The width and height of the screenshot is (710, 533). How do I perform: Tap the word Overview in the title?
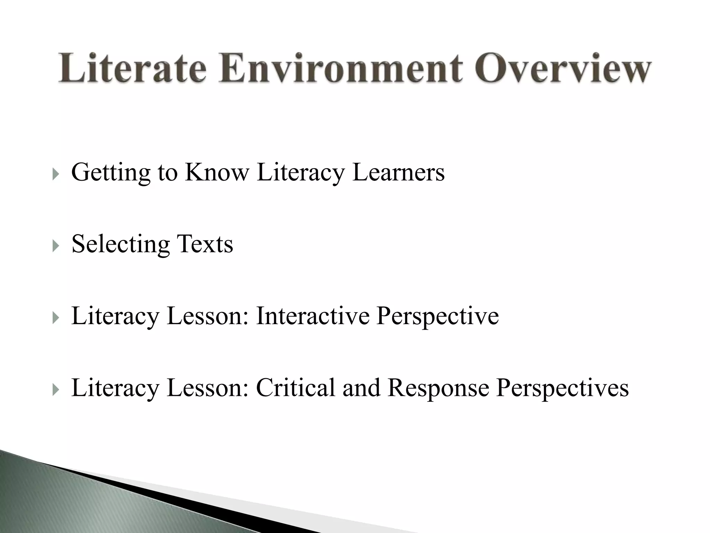(x=565, y=68)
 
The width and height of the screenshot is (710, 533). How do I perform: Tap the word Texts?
(x=205, y=244)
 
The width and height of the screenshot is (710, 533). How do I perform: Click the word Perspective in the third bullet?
(x=438, y=316)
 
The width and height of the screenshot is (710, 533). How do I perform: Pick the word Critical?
(x=296, y=388)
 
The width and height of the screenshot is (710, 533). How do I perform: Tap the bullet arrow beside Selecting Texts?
(x=55, y=247)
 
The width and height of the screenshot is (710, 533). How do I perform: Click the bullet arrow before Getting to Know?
(x=55, y=175)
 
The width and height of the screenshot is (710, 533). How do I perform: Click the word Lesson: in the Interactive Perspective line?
(x=208, y=316)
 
